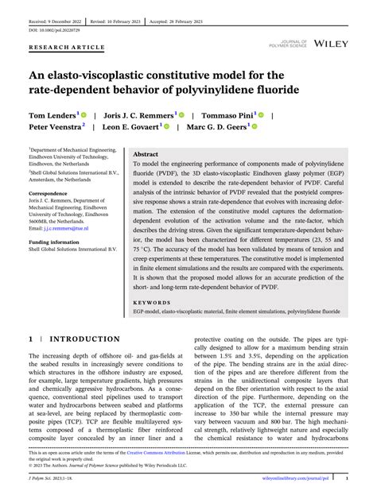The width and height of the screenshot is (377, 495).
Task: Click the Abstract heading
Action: [x=146, y=154]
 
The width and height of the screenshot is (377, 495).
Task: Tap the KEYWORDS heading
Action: [x=153, y=303]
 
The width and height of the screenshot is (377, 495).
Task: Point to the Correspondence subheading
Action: [x=49, y=193]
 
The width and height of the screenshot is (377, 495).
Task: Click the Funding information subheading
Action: [x=54, y=242]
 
